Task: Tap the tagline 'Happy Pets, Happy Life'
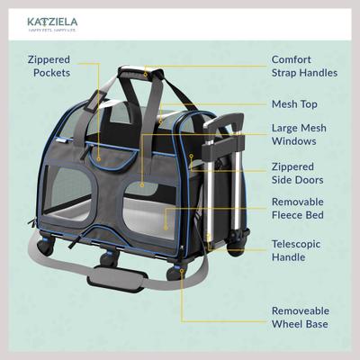coord(58,31)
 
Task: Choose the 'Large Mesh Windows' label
coord(300,136)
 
